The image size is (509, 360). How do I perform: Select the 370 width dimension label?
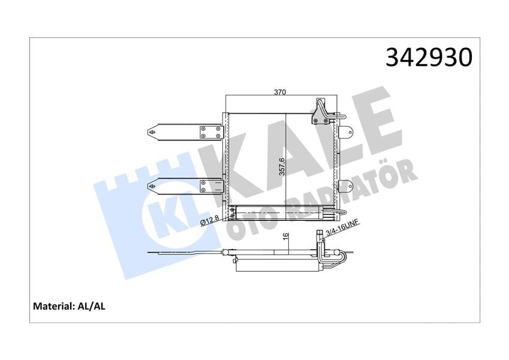[280, 92]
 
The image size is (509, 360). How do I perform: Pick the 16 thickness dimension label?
[286, 238]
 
